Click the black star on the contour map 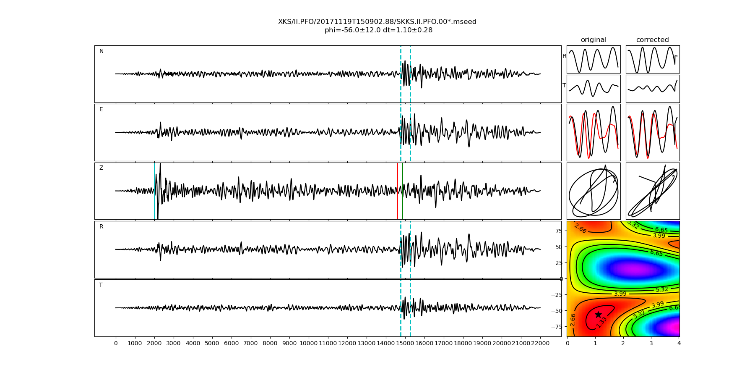click(x=598, y=315)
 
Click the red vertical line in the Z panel click(x=397, y=191)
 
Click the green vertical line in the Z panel click(x=402, y=191)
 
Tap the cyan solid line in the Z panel click(x=154, y=191)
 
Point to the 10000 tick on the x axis click(x=309, y=343)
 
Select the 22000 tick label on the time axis click(x=540, y=343)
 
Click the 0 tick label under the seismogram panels click(x=116, y=343)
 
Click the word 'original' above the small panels click(x=594, y=40)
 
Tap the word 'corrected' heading click(x=652, y=40)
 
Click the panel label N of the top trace click(x=102, y=51)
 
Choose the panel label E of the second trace click(x=101, y=110)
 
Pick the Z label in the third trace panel click(x=101, y=168)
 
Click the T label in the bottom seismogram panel click(x=101, y=285)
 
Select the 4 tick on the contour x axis click(x=679, y=343)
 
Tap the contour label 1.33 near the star click(x=601, y=322)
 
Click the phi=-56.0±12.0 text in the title click(x=353, y=30)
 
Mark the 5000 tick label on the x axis click(x=212, y=343)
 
